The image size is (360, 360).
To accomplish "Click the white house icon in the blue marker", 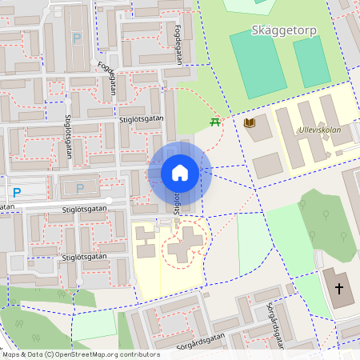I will (x=180, y=173).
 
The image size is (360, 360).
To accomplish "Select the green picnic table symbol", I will (x=214, y=122).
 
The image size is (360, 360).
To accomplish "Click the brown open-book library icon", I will (x=250, y=122).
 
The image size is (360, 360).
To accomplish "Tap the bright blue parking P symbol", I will (x=16, y=192).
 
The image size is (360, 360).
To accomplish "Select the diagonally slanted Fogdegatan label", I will (x=108, y=80).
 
